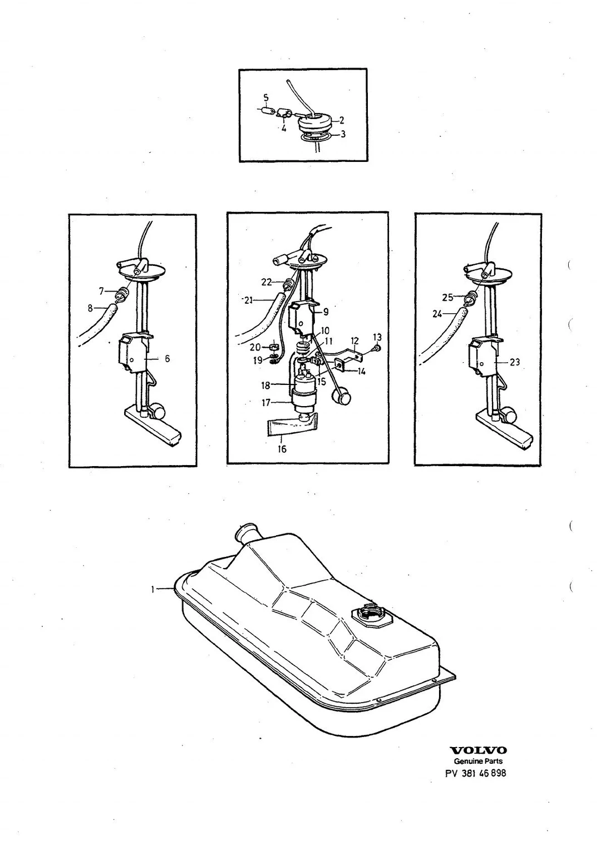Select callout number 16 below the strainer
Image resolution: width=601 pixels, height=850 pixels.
tap(282, 449)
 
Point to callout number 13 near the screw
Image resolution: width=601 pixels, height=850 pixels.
tap(377, 337)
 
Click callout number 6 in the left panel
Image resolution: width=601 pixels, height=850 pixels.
tap(167, 358)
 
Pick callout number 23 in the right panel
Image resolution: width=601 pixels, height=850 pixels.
tap(514, 362)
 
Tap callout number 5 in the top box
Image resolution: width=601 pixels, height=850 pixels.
tap(266, 98)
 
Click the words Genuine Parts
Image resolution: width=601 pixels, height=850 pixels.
tap(478, 761)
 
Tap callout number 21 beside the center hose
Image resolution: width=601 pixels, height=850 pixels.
tap(248, 300)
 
